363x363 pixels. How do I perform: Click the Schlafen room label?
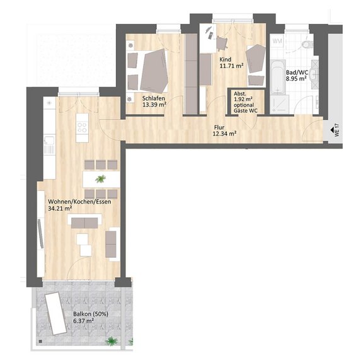click(154, 98)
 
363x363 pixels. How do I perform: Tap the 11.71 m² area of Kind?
click(231, 66)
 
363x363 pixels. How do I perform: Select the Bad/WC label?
click(297, 72)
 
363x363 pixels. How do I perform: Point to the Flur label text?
click(219, 127)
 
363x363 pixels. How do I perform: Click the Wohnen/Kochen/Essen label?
click(79, 202)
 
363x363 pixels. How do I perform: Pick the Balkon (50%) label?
click(91, 314)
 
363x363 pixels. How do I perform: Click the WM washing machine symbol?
click(277, 41)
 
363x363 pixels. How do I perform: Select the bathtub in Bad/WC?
click(278, 77)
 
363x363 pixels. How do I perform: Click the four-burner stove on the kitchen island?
click(82, 127)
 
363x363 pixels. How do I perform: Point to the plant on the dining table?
click(100, 179)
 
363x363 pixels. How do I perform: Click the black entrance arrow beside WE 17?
click(332, 130)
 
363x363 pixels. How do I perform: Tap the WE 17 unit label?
click(337, 130)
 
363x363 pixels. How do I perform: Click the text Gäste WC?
click(245, 111)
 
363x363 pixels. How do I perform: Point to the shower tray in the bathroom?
click(279, 105)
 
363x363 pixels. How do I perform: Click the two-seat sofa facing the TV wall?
click(84, 223)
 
